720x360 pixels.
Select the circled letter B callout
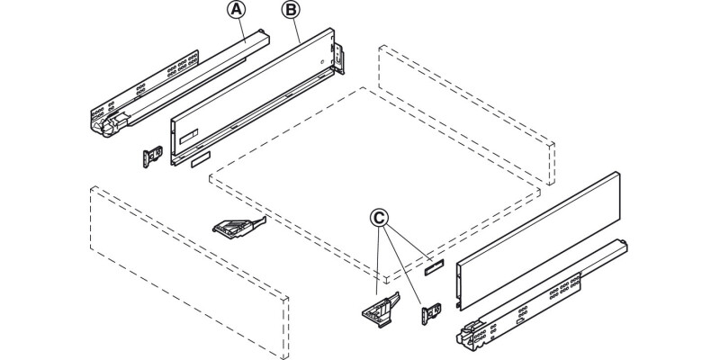(291, 11)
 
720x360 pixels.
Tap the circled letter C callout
(381, 217)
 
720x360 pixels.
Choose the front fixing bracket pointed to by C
(377, 308)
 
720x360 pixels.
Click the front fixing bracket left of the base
(236, 228)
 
